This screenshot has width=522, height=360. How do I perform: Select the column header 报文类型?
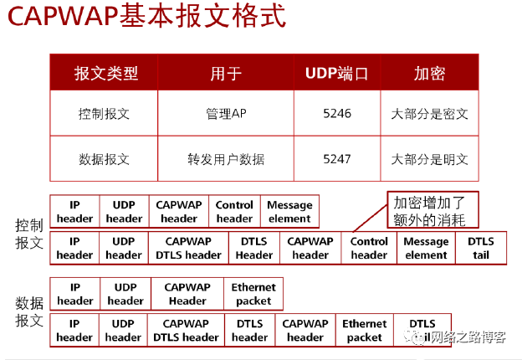coord(105,73)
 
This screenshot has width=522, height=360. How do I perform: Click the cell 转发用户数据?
coord(226,158)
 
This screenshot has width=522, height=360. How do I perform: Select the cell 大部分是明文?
coord(429,158)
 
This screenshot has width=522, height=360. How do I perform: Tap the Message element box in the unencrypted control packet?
coord(289,212)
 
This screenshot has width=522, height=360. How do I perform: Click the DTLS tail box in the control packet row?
coord(480,249)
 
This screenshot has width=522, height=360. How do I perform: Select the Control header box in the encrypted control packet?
coord(369,249)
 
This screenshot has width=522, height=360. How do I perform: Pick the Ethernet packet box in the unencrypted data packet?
coord(253,295)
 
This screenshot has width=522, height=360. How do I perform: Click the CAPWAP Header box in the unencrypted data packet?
coord(187,295)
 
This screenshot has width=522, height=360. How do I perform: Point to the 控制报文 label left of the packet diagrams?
coord(28,234)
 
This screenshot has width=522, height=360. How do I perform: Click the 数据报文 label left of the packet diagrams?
coord(28,311)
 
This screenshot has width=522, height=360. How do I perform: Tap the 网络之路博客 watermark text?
coord(474,337)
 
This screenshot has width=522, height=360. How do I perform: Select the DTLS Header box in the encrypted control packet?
coord(254,249)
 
